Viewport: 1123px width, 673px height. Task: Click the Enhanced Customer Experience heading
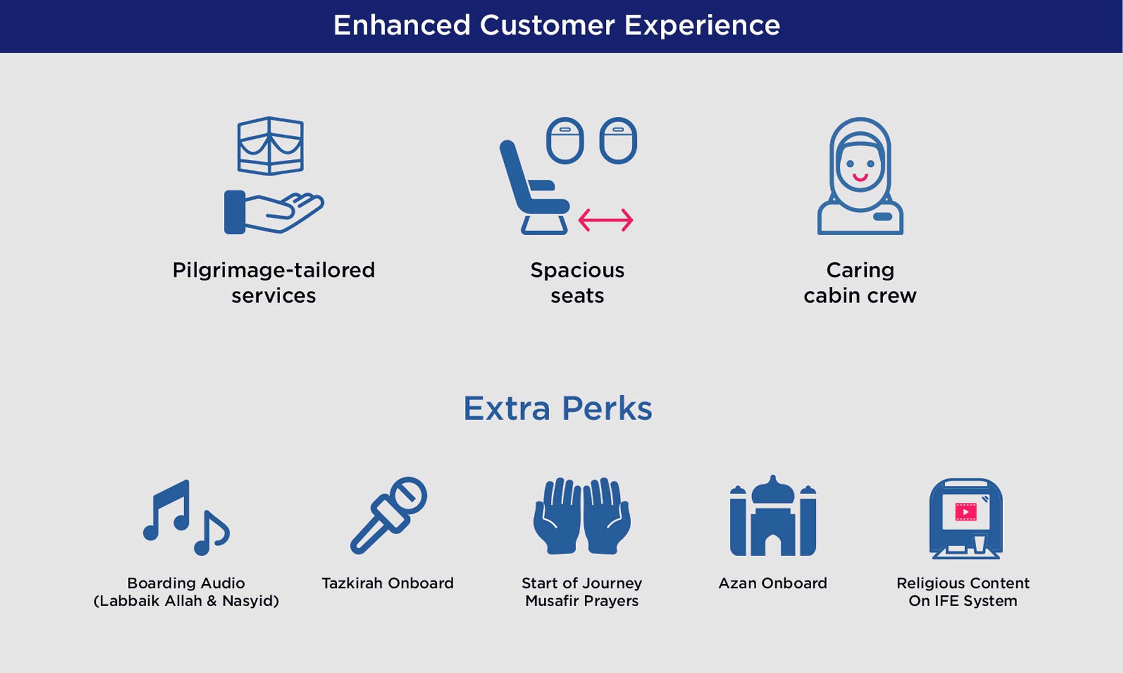[556, 25]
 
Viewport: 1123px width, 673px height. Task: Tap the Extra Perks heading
[557, 408]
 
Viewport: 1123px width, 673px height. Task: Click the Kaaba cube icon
[270, 146]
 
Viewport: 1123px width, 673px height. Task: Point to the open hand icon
[274, 212]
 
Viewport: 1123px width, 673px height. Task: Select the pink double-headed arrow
[605, 220]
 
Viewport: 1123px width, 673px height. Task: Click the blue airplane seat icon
[533, 187]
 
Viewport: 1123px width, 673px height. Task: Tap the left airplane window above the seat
[564, 140]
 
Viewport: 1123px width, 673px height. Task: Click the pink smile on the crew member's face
[860, 177]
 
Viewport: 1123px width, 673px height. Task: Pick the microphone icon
[388, 515]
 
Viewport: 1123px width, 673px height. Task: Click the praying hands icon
[582, 516]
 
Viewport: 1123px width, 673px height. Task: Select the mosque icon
[773, 515]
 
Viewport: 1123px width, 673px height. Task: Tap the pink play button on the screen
[966, 512]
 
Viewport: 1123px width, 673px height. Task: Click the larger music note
[168, 509]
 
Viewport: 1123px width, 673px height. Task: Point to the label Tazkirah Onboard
[388, 583]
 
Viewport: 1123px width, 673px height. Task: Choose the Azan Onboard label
[773, 583]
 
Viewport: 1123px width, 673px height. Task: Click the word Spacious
[577, 270]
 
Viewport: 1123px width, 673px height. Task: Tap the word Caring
[860, 270]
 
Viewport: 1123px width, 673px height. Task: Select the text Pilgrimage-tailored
[274, 270]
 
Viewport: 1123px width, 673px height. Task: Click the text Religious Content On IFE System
[963, 592]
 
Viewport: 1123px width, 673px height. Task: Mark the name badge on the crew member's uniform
[882, 217]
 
